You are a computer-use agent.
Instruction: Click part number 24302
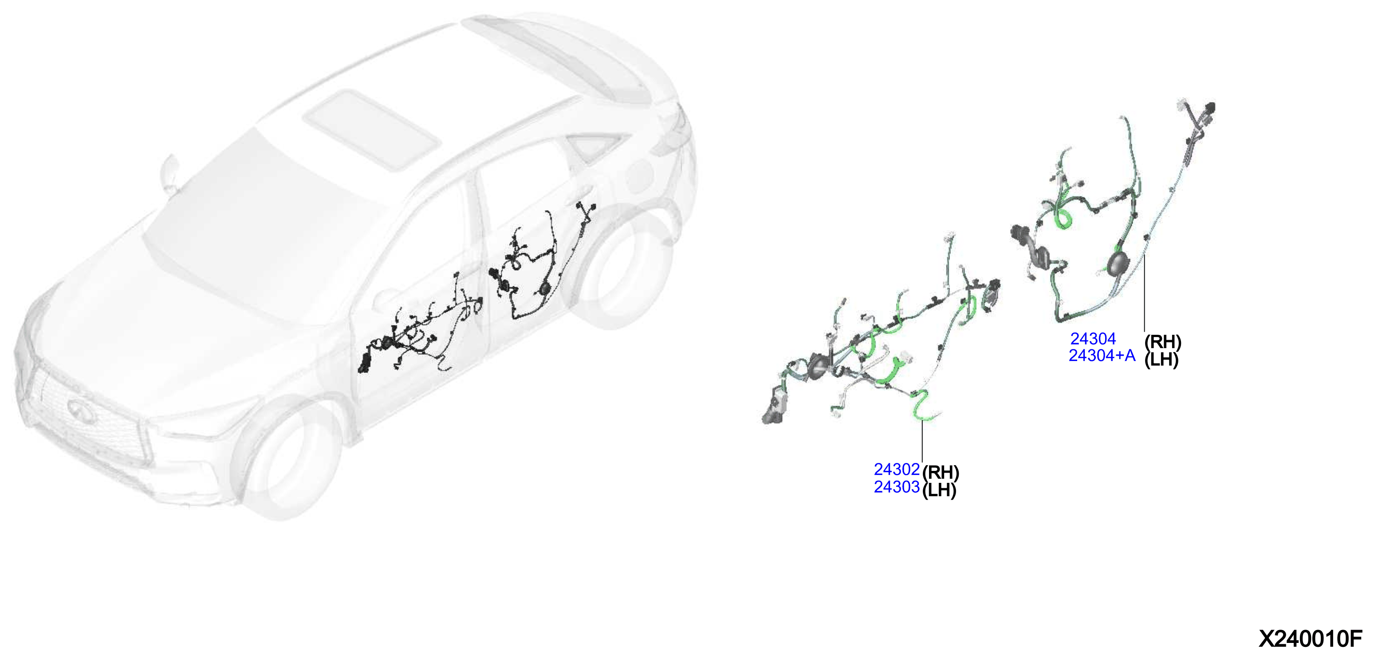point(896,469)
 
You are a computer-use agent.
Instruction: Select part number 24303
point(896,487)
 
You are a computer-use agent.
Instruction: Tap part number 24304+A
point(1102,355)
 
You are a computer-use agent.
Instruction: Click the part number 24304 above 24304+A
point(1093,339)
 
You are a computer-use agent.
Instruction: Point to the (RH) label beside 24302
point(941,472)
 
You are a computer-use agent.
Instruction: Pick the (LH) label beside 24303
point(939,490)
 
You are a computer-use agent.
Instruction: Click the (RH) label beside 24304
point(1163,342)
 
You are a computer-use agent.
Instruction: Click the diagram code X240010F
point(1311,638)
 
